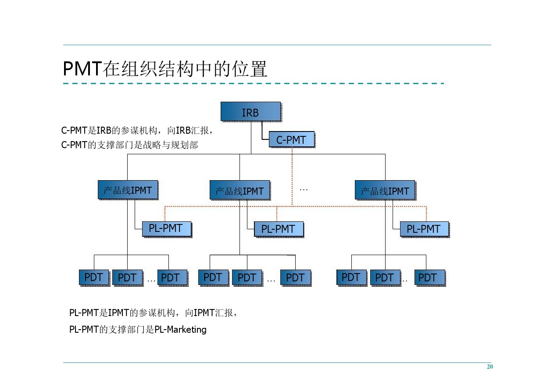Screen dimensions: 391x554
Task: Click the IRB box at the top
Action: coord(250,112)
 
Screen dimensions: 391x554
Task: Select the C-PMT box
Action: coord(291,140)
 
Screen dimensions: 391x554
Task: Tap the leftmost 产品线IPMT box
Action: coord(127,190)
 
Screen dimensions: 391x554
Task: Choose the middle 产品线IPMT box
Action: coord(239,191)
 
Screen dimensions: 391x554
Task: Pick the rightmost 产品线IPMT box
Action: coord(385,191)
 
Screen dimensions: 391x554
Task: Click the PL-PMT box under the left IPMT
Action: coord(167,229)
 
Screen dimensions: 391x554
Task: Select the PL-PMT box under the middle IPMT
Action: coord(279,229)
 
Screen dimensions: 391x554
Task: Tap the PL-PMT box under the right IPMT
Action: coord(424,229)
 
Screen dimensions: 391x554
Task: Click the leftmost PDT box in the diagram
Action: coord(94,277)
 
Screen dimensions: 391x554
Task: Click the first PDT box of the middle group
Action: coord(213,277)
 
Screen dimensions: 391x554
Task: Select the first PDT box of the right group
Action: coord(351,277)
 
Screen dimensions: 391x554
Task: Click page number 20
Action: coord(490,367)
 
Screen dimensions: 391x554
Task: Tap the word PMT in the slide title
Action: coord(82,69)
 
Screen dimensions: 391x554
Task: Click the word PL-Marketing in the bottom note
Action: coord(180,330)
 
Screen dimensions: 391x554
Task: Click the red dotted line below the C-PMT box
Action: coord(292,175)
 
